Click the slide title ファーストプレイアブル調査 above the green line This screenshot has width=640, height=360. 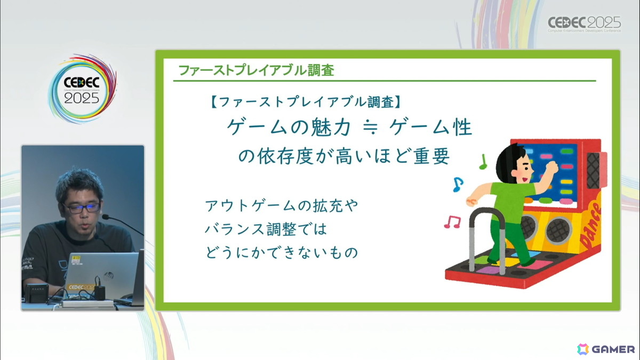pyautogui.click(x=257, y=70)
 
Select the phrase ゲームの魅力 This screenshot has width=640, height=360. pyautogui.click(x=289, y=129)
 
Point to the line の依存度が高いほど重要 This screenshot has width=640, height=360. pyautogui.click(x=343, y=157)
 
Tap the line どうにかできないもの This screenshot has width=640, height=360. pyautogui.click(x=281, y=252)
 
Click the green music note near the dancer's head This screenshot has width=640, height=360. pyautogui.click(x=483, y=161)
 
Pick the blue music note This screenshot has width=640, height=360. pyautogui.click(x=457, y=185)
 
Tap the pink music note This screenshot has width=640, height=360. pyautogui.click(x=452, y=221)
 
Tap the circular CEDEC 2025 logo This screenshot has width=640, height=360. pyautogui.click(x=82, y=89)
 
